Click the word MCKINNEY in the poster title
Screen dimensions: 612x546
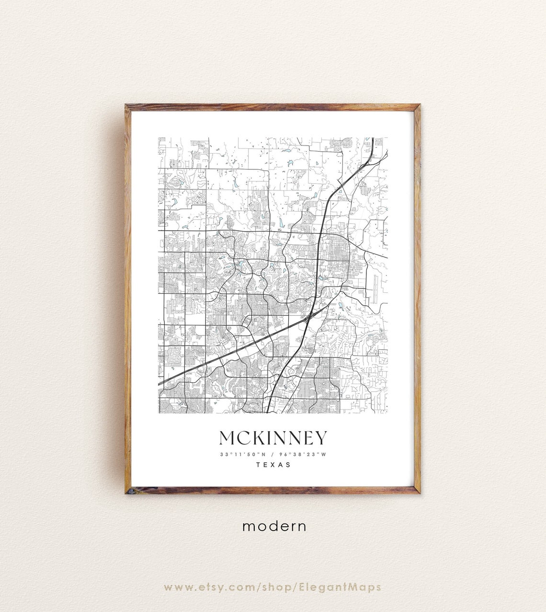273,438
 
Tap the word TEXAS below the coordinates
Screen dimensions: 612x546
273,465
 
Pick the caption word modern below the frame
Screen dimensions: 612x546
274,526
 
